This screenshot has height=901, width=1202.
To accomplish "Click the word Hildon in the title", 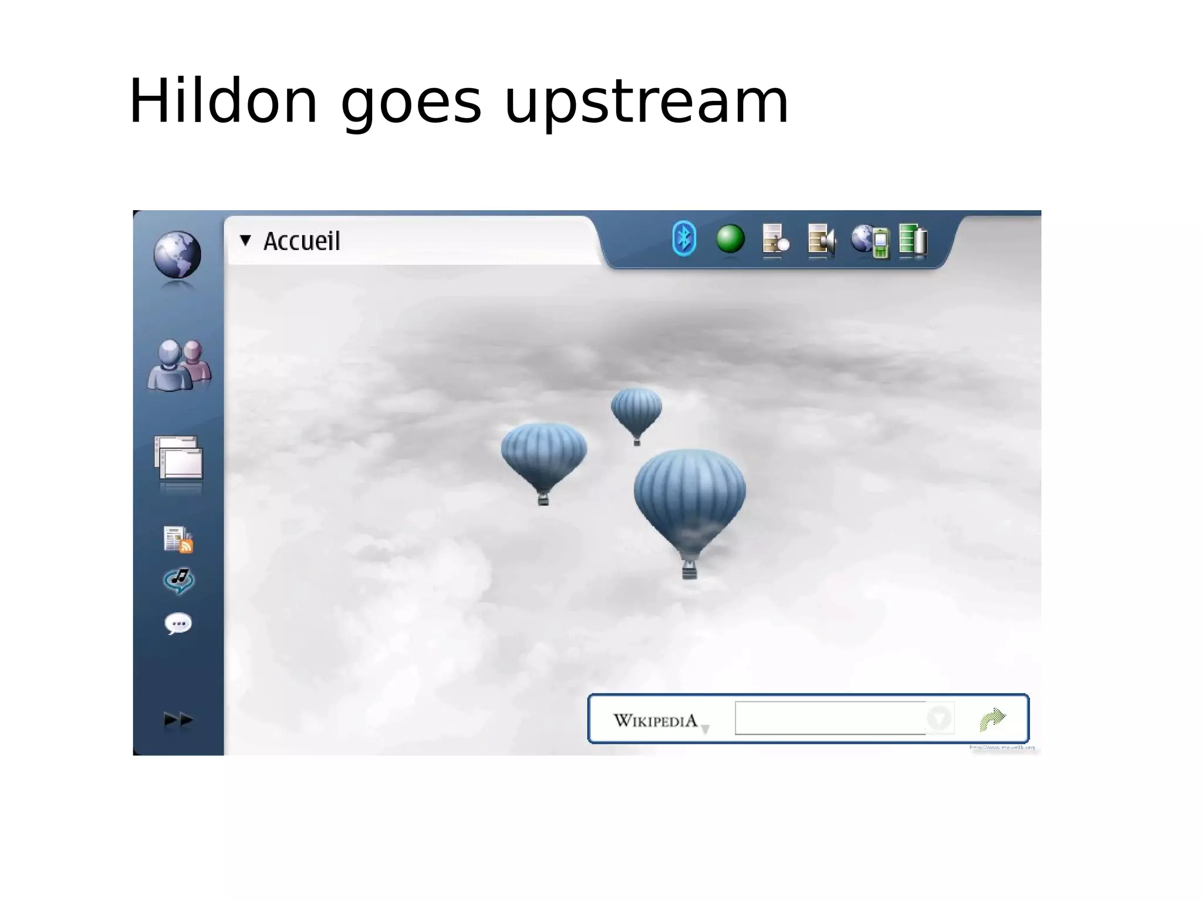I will point(223,101).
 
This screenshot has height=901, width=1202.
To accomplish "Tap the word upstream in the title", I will point(646,103).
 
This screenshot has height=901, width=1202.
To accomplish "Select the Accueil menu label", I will point(301,241).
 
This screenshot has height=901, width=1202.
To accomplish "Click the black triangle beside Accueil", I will point(245,239).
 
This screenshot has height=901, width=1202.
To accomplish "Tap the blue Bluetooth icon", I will point(684,239).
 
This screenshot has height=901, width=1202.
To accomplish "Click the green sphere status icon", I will point(730,239).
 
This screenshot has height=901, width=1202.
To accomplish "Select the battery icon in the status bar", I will point(913,239).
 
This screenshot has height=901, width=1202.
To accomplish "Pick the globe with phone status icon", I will point(870,240).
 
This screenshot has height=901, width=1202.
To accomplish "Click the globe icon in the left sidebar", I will point(177,255).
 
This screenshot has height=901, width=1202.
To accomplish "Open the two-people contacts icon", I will point(179,365).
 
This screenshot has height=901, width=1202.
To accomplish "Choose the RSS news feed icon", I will point(178,539).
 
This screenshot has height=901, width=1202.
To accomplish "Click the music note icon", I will point(178,581).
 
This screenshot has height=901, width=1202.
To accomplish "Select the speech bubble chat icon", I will point(178,623).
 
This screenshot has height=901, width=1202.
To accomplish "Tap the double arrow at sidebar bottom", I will point(178,719).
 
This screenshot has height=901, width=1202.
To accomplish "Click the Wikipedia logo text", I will point(655,720).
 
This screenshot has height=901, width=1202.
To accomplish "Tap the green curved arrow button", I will point(992,718).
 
